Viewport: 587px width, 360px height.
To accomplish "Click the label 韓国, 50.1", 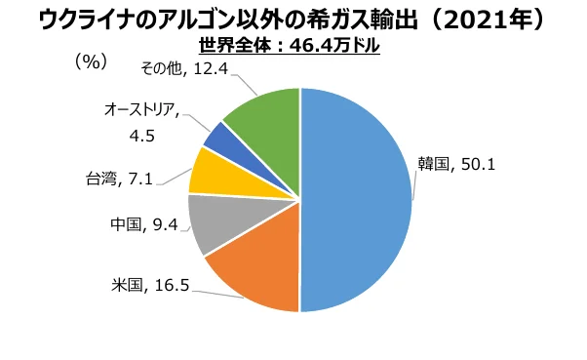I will click(457, 164).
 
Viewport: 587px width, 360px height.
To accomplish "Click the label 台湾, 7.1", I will click(117, 178).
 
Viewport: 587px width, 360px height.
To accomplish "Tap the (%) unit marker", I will click(90, 60).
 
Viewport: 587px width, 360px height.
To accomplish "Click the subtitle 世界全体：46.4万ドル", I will click(290, 45).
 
